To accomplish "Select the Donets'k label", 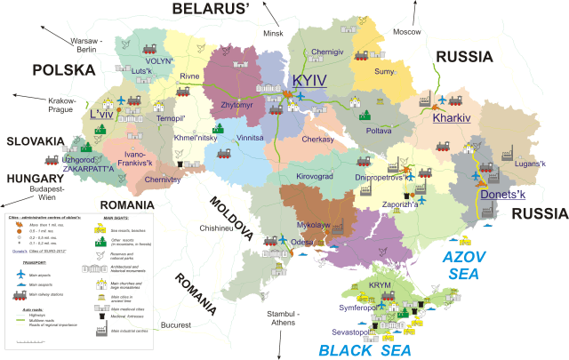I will [x=502, y=195].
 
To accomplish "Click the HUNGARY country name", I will [x=35, y=178].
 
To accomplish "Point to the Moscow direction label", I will [x=406, y=31].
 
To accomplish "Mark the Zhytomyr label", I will [x=236, y=105].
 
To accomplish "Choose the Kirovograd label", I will [x=315, y=177].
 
